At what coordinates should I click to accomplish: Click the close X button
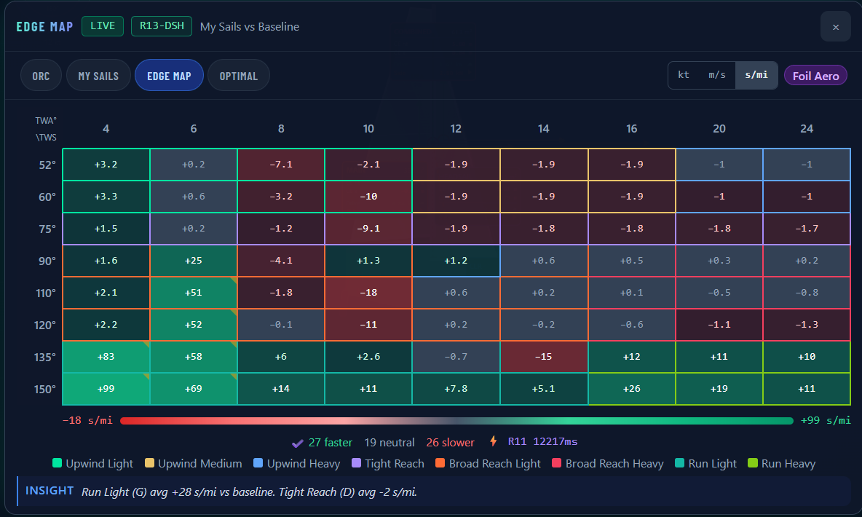(835, 27)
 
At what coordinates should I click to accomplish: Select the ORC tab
(41, 75)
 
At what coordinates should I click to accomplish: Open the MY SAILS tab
(98, 75)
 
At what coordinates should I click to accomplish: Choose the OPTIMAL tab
(239, 75)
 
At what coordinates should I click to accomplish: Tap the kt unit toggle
(684, 75)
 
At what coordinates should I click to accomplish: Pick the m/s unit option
(717, 75)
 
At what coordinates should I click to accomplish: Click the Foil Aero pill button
(816, 76)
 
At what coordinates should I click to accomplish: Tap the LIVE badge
(103, 26)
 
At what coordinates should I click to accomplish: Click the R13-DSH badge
(162, 26)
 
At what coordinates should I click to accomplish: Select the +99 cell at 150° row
(106, 389)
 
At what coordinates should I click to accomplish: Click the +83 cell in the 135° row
(106, 357)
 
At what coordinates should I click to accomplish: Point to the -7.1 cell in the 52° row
(281, 165)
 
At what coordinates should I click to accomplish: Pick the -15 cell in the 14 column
(544, 357)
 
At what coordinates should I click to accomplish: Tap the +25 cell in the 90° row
(194, 261)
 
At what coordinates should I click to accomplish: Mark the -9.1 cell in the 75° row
(368, 229)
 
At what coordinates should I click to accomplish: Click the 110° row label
(46, 293)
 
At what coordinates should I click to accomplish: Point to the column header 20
(719, 129)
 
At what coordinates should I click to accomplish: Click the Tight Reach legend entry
(388, 464)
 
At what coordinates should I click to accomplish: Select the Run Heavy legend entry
(782, 464)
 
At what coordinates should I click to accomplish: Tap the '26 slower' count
(450, 443)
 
